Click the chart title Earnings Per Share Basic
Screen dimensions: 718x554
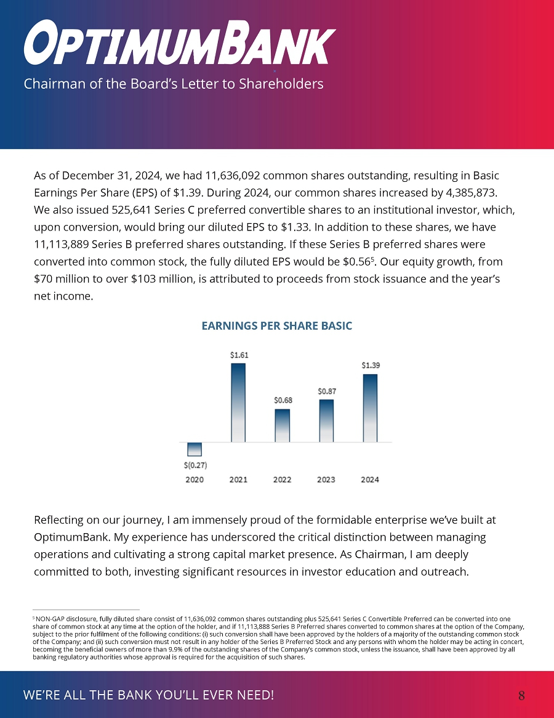point(277,325)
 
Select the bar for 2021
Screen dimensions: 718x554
point(238,402)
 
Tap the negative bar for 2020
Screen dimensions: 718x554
point(195,449)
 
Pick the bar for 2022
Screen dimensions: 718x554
point(283,425)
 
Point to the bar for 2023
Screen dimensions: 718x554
point(326,420)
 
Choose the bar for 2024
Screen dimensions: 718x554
point(370,408)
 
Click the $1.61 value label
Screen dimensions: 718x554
point(239,355)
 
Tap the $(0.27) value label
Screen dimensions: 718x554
point(195,465)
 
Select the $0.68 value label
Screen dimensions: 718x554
point(283,400)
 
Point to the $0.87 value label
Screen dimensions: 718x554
point(327,391)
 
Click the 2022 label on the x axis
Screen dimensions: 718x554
point(283,479)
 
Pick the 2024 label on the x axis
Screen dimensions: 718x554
point(370,479)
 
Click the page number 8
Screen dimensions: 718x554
point(521,696)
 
